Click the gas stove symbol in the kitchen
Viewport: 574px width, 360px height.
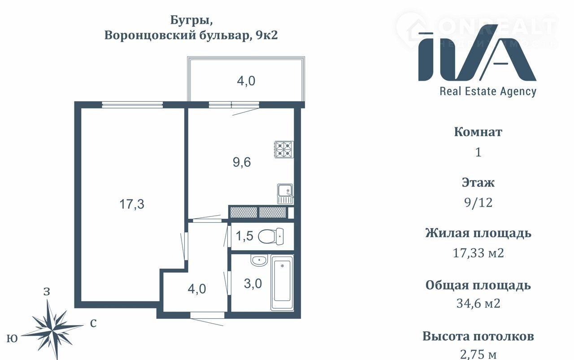[284, 149]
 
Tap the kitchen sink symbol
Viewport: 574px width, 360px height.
[285, 194]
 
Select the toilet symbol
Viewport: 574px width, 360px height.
[271, 236]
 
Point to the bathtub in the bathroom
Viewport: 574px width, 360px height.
[282, 282]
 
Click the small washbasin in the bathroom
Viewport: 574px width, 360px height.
[259, 260]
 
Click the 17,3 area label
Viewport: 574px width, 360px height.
[132, 204]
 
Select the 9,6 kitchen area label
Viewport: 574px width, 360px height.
[242, 162]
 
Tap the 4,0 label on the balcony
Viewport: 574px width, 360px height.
[246, 81]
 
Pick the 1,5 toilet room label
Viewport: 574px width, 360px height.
[244, 236]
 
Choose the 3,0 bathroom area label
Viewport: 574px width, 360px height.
[253, 284]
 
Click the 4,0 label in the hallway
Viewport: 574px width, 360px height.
[197, 289]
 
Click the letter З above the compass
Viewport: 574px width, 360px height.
[47, 291]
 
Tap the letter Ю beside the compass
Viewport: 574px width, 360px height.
[12, 338]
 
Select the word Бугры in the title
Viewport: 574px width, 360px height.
[191, 20]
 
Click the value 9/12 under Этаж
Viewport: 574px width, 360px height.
[478, 203]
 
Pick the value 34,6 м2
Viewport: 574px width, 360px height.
[478, 304]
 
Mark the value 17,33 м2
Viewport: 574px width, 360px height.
[478, 253]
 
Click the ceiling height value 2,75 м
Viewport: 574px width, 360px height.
[478, 354]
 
